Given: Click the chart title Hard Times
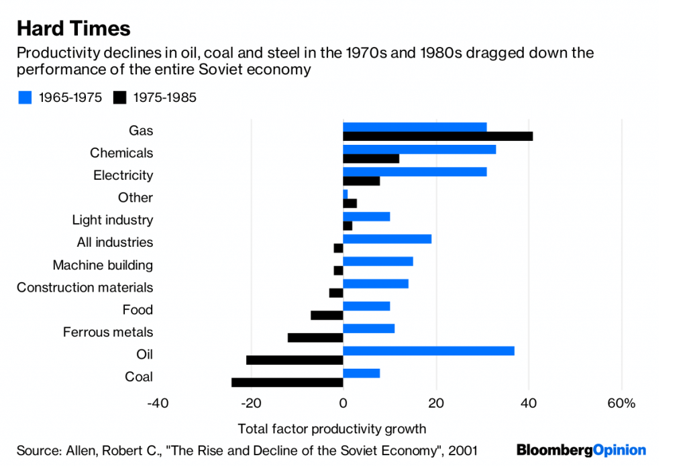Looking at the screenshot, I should [73, 28].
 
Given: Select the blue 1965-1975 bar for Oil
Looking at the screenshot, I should [428, 351].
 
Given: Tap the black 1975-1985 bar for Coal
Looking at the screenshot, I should [287, 382].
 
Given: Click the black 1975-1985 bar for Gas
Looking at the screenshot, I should [437, 136].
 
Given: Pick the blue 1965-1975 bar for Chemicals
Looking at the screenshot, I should [419, 149].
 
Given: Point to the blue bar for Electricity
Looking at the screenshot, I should [415, 172].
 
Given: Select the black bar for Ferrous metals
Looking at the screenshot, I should [315, 337].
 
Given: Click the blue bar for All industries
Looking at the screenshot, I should [387, 239].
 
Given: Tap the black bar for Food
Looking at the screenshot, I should [327, 315].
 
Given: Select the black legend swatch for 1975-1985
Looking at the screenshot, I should [120, 98].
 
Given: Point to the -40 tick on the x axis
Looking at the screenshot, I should [157, 404].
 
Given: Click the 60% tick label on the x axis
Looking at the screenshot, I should [621, 404].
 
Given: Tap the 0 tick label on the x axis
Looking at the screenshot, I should [343, 404].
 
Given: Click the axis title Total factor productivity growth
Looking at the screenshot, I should [331, 428].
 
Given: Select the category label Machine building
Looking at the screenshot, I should [103, 265].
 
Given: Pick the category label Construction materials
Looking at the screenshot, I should [85, 288].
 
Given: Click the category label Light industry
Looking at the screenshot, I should [112, 220].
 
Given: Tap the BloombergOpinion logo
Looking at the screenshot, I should [581, 450].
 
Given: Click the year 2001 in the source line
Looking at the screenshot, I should [463, 451].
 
